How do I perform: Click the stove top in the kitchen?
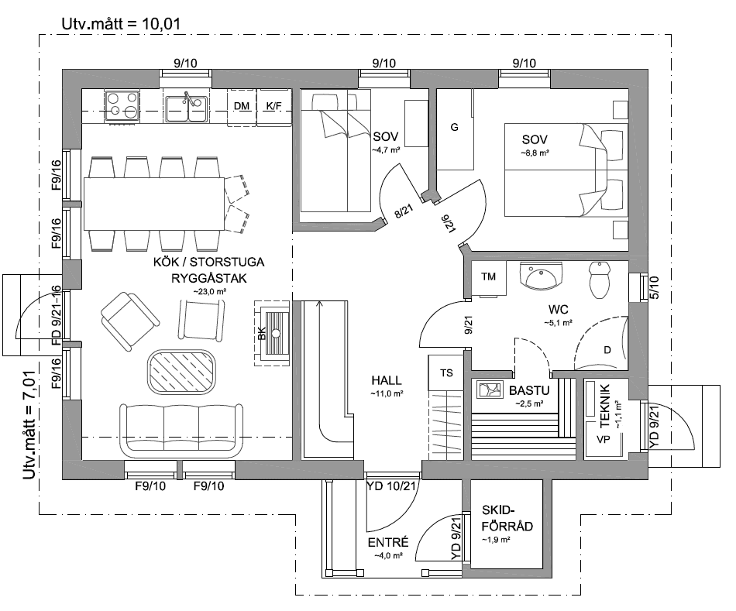click(x=122, y=105)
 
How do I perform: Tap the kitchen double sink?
click(x=187, y=108)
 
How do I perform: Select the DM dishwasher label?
click(x=242, y=106)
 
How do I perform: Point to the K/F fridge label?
click(x=273, y=106)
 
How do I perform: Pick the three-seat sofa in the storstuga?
click(x=181, y=430)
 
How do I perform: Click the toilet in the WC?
click(x=599, y=280)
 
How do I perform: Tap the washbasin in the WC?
click(x=542, y=276)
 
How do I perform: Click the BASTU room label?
click(x=529, y=390)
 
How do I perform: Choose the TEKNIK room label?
click(x=605, y=406)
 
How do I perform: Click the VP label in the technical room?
click(x=604, y=440)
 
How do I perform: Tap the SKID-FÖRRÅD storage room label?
click(x=507, y=518)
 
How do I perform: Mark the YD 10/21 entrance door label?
click(x=391, y=486)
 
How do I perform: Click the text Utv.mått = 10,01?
click(x=121, y=24)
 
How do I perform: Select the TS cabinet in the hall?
click(x=446, y=372)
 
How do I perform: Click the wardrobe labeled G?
click(x=454, y=129)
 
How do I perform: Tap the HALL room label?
click(x=387, y=380)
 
